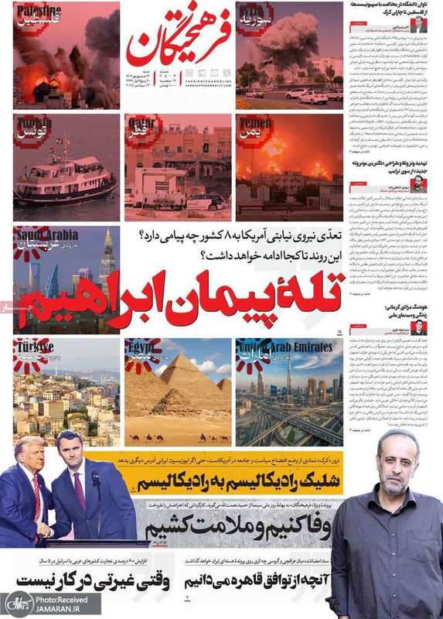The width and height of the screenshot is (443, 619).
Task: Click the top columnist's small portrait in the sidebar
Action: pos(417,25)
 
